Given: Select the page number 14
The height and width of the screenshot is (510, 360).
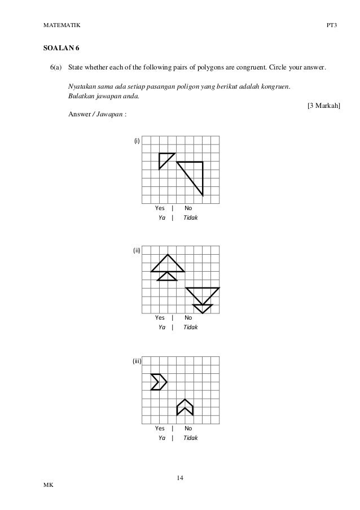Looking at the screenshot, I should (179, 478).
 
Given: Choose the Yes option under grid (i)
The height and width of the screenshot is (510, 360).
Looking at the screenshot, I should (160, 208).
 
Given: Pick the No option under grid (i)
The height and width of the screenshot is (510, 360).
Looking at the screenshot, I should (188, 208).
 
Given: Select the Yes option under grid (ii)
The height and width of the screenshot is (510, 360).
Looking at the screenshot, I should (160, 317).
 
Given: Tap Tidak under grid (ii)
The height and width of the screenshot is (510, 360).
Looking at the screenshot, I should (191, 327).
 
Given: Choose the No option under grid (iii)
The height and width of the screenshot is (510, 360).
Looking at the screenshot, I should (188, 428).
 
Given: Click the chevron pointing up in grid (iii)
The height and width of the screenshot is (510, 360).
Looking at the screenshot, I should (185, 407).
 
